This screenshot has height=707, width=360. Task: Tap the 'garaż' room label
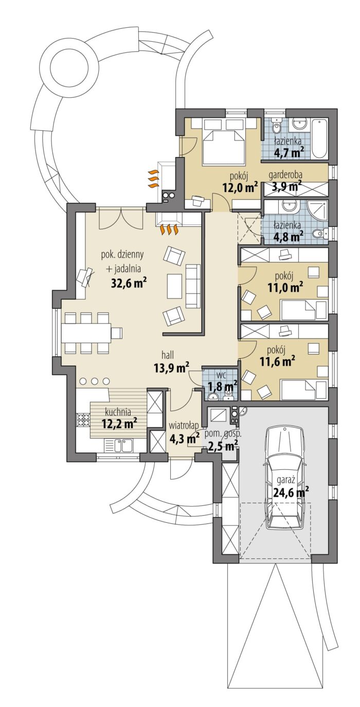(x=286, y=481)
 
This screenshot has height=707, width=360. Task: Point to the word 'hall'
(x=168, y=355)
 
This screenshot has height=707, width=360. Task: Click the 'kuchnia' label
(x=118, y=412)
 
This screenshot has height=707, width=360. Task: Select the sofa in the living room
(x=193, y=286)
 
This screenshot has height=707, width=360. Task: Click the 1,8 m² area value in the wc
(x=221, y=385)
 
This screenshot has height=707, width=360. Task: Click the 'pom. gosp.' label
(x=223, y=433)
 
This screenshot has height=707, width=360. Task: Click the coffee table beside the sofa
(x=174, y=286)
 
